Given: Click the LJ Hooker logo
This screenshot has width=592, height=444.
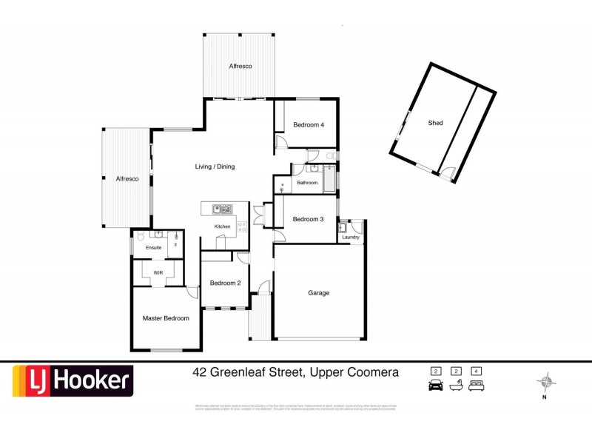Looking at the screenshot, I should [x=72, y=382].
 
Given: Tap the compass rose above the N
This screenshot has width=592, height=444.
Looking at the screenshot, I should [x=546, y=382].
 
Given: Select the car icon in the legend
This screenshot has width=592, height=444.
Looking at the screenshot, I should [x=435, y=385].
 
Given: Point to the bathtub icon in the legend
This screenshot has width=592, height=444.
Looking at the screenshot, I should [x=457, y=385].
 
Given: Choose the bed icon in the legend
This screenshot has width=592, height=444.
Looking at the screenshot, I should [x=477, y=385].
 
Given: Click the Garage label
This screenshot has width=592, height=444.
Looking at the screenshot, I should [x=319, y=293].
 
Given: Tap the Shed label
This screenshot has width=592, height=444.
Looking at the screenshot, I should [x=436, y=123].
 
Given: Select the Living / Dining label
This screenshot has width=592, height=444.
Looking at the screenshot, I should [x=215, y=166].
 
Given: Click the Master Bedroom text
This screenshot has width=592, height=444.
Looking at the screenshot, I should [x=166, y=318].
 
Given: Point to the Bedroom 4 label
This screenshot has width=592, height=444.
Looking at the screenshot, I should [x=308, y=125].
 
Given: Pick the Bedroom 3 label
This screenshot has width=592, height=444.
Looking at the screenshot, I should [x=308, y=219].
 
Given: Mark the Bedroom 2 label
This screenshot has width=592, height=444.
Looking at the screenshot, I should [x=225, y=283].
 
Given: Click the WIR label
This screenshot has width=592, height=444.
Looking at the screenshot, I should [x=158, y=272].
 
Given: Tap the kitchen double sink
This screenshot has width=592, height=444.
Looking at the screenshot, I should [x=221, y=208].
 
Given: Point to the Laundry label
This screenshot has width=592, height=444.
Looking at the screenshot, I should [x=351, y=237].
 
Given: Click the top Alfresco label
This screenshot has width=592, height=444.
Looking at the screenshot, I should [x=239, y=67].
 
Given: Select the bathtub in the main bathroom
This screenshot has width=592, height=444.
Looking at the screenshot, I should [x=329, y=179].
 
